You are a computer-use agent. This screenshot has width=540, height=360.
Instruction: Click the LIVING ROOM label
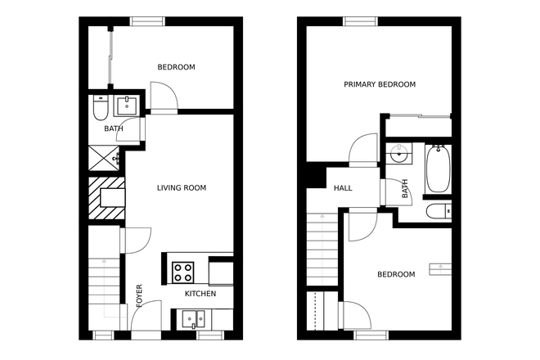point(182,188)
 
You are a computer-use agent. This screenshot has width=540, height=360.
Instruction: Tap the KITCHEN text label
point(200,294)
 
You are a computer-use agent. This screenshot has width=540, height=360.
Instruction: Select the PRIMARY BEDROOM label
point(380,84)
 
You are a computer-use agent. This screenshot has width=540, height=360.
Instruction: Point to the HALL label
point(343,189)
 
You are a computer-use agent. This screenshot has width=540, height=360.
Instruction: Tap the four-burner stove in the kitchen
point(182,271)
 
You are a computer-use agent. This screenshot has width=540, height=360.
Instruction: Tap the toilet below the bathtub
point(438,212)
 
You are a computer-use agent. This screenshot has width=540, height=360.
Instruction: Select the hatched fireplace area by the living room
point(106,200)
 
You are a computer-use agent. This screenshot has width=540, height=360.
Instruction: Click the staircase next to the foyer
point(104,278)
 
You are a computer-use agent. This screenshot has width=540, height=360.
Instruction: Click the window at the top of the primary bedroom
point(361,21)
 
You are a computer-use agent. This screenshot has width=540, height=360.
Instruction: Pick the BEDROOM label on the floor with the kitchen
point(176,67)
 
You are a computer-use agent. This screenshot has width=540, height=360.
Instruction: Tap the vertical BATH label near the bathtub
point(404,190)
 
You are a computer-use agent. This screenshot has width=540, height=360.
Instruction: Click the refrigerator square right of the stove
point(221,271)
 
